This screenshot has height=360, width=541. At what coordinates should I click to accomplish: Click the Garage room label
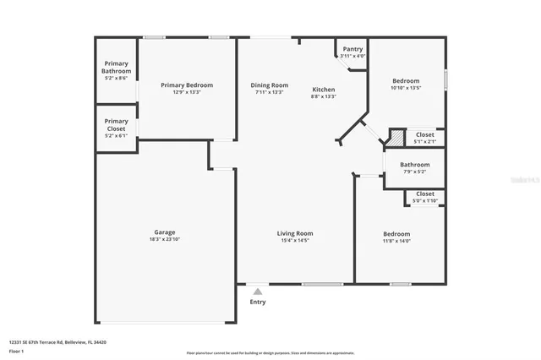tap(164, 232)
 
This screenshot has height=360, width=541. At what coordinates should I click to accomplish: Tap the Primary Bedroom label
tap(187, 85)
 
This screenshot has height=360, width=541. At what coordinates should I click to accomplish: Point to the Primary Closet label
tap(117, 123)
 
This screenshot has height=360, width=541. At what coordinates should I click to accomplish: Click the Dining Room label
tap(269, 85)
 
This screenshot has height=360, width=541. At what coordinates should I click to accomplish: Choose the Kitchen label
tap(324, 90)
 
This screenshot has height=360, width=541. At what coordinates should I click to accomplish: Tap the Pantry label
tap(352, 49)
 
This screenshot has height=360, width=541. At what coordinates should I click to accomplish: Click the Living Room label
tap(295, 233)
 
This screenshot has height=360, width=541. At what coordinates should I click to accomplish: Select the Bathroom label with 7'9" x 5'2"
tap(414, 165)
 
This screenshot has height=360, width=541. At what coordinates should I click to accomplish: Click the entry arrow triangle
tap(258, 292)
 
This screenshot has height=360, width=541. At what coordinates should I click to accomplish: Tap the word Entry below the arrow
tap(258, 302)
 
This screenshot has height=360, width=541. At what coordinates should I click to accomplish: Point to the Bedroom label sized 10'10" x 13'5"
tap(401, 79)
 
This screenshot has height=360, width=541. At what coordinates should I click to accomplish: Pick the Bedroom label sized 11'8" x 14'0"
tap(396, 234)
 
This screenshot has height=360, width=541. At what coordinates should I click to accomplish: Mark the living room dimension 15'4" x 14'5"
tap(295, 240)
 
